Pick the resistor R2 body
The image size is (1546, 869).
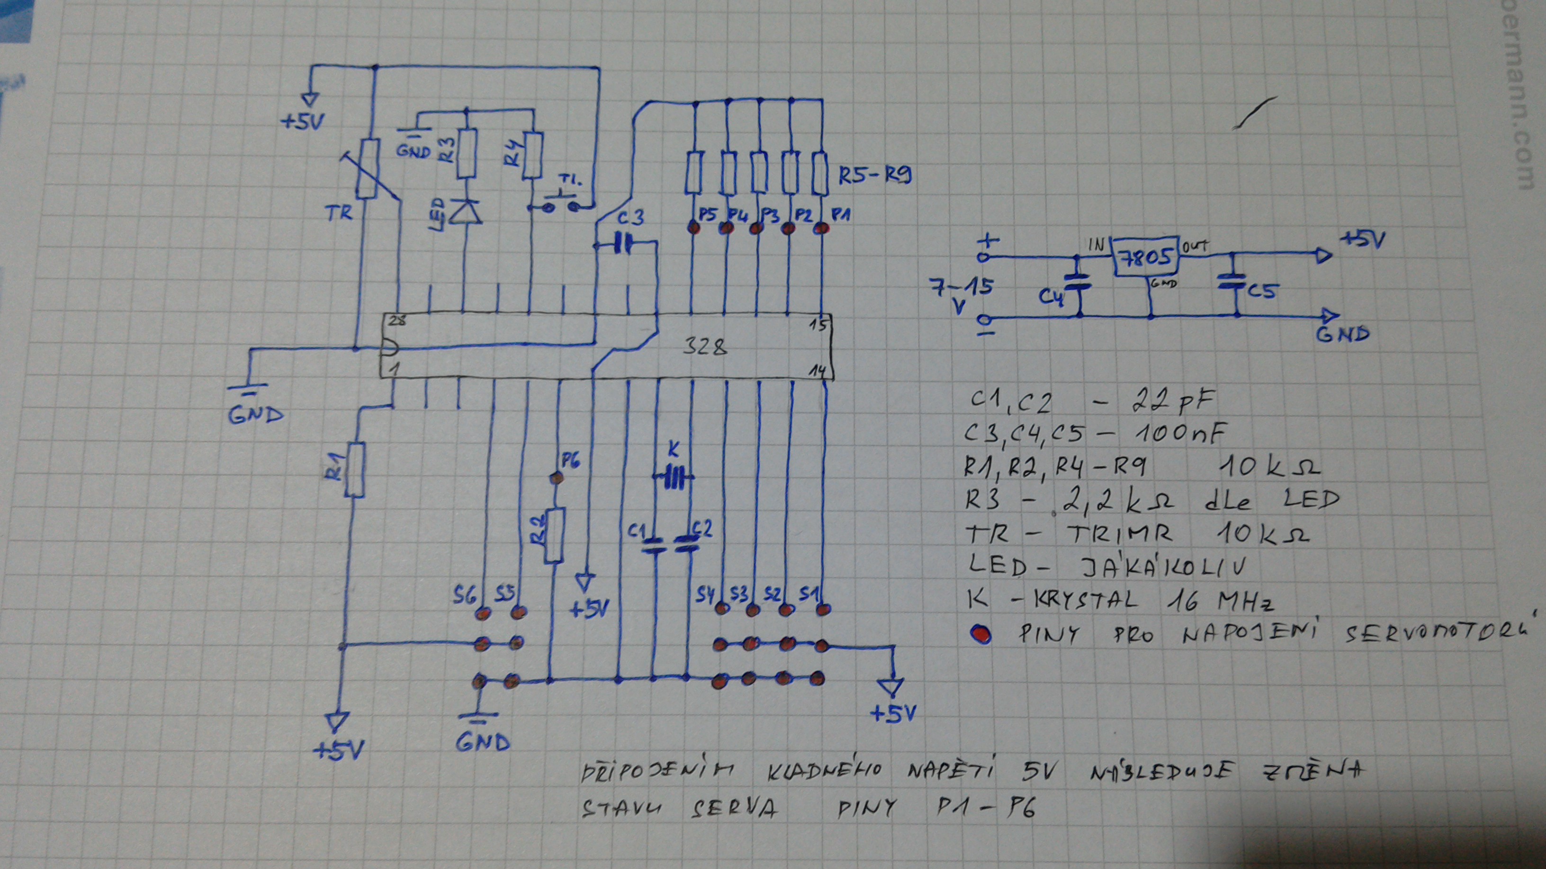pyautogui.click(x=554, y=536)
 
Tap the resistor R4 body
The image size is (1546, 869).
pyautogui.click(x=532, y=155)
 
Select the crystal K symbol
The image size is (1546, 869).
pyautogui.click(x=674, y=478)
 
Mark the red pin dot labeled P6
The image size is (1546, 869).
pyautogui.click(x=557, y=478)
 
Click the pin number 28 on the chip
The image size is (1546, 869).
pyautogui.click(x=397, y=320)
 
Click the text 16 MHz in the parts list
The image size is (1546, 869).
pyautogui.click(x=1220, y=600)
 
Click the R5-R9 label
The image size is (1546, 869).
pyautogui.click(x=874, y=177)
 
